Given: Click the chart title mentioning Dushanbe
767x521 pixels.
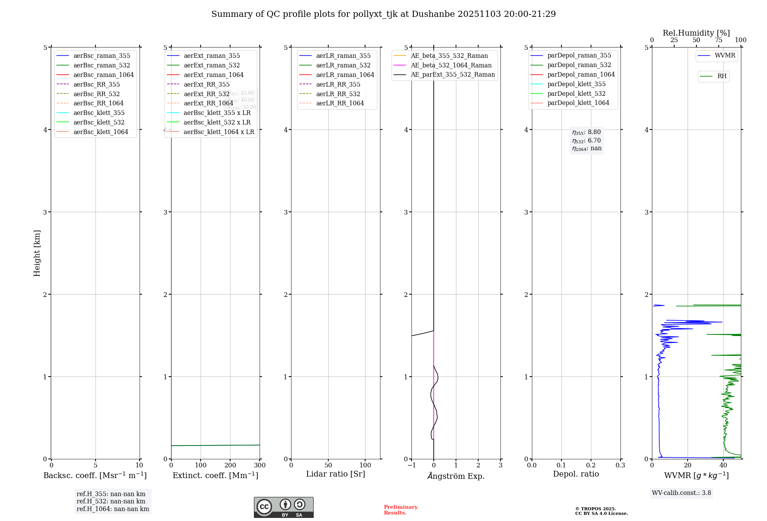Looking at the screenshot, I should point(383,14).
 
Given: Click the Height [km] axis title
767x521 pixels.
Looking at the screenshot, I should point(37,253).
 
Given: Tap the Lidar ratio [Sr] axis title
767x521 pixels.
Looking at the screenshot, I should point(336,474).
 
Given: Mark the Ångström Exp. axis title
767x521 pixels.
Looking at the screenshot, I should point(456,476).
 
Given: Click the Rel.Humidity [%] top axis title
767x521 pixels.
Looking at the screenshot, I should point(696,33).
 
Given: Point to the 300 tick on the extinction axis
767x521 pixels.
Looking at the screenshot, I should point(260,465).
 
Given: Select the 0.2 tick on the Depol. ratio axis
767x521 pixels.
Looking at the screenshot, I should point(591,465).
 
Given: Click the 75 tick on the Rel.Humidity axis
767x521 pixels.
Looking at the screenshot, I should point(718,40).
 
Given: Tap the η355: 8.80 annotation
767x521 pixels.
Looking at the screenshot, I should point(586,132).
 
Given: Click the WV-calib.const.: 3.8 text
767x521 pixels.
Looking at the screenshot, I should point(681,493).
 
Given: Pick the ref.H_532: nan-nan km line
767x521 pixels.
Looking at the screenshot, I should point(111,501).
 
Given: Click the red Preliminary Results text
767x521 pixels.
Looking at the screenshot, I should point(400,510).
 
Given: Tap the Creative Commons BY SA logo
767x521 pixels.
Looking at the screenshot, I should point(283,508).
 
